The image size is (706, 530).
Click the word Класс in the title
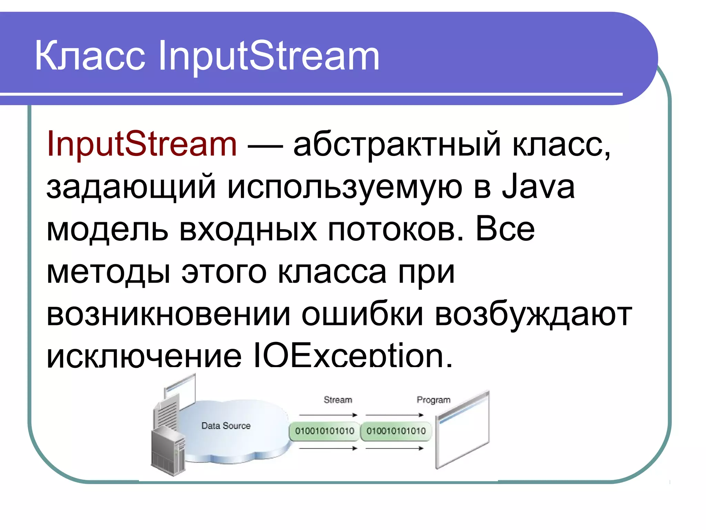tap(90, 56)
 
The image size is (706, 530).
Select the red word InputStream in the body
tap(142, 144)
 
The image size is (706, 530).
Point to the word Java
tap(538, 187)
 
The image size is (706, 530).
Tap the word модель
tap(107, 230)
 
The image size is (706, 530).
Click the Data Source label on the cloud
tap(226, 426)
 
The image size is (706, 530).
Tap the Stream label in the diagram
tap(338, 400)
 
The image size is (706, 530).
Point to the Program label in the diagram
tap(433, 400)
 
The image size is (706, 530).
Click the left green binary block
tap(324, 431)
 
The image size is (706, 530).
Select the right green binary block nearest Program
tap(396, 431)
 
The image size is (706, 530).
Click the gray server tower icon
tap(168, 451)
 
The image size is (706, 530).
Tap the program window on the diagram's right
tap(462, 431)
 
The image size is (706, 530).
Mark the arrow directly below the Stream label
tap(328, 415)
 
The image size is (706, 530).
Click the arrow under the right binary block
tap(394, 448)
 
